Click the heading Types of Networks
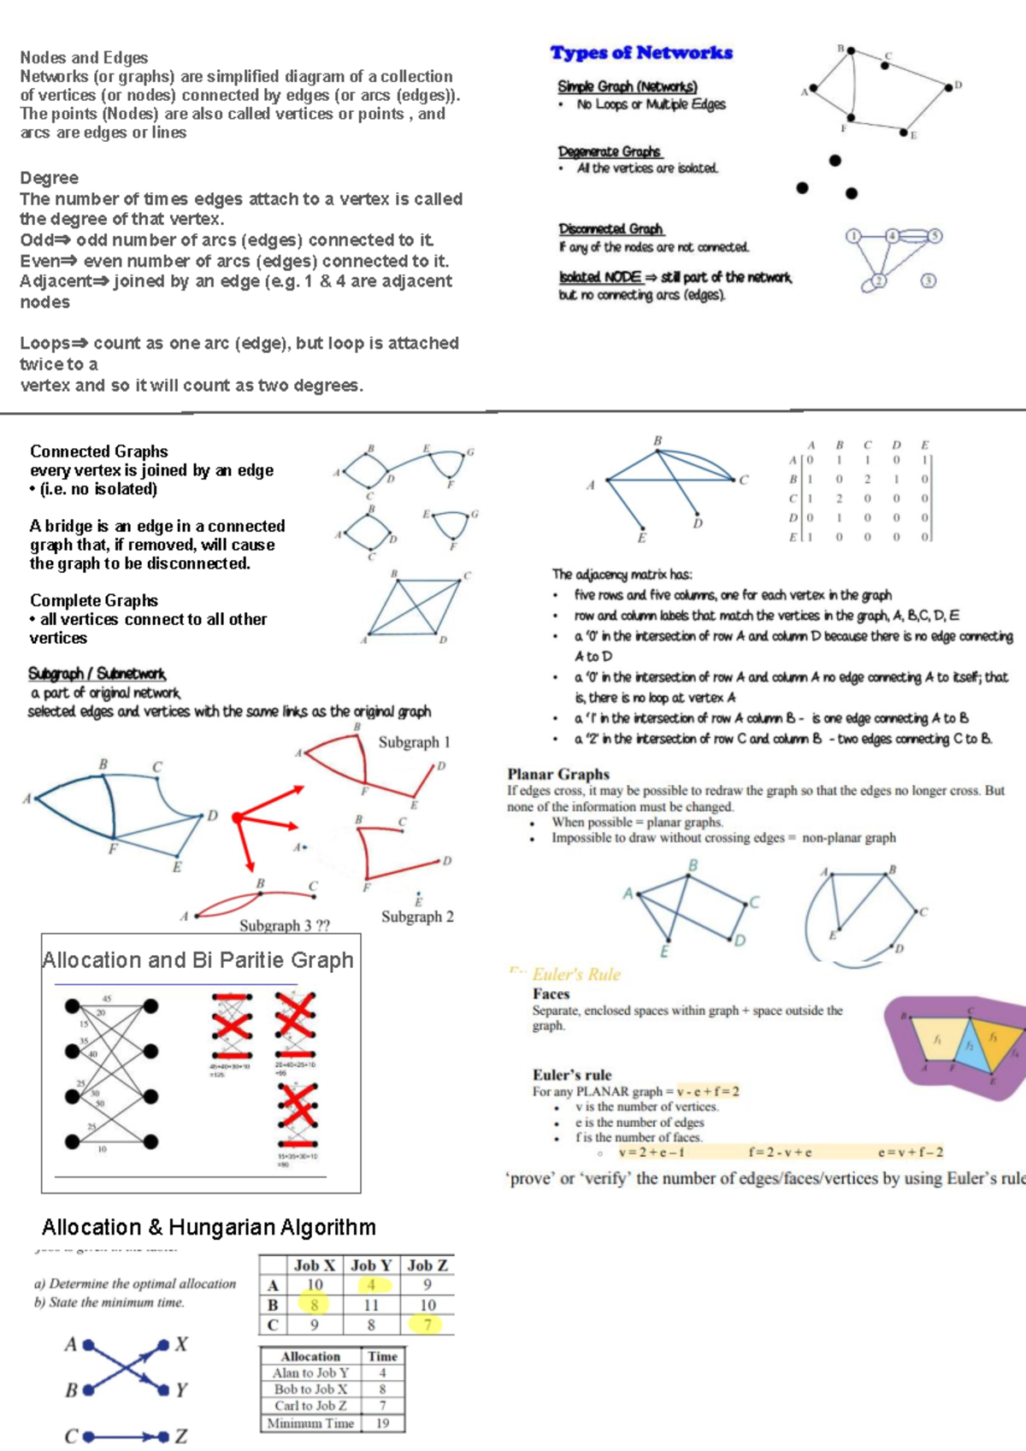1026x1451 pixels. click(641, 53)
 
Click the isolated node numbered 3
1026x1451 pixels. click(929, 280)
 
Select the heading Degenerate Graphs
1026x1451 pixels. click(610, 151)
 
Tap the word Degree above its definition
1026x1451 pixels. click(50, 178)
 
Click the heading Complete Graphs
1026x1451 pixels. click(94, 600)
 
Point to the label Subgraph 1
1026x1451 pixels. click(415, 742)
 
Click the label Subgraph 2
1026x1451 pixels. click(417, 917)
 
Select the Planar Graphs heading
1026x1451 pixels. click(558, 774)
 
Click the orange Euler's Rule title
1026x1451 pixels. click(576, 975)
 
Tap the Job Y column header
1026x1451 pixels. click(371, 1265)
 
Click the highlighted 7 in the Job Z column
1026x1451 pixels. click(427, 1324)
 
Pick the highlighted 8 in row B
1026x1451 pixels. click(315, 1305)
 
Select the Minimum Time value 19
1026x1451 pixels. click(382, 1423)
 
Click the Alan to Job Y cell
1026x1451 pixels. click(310, 1372)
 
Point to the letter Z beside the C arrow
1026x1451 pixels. click(180, 1436)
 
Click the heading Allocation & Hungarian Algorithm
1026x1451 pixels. click(209, 1228)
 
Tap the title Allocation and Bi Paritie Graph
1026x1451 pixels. click(198, 960)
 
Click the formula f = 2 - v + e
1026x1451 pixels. click(780, 1152)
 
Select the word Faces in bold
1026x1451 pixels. click(551, 994)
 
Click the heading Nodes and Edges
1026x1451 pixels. click(84, 57)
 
